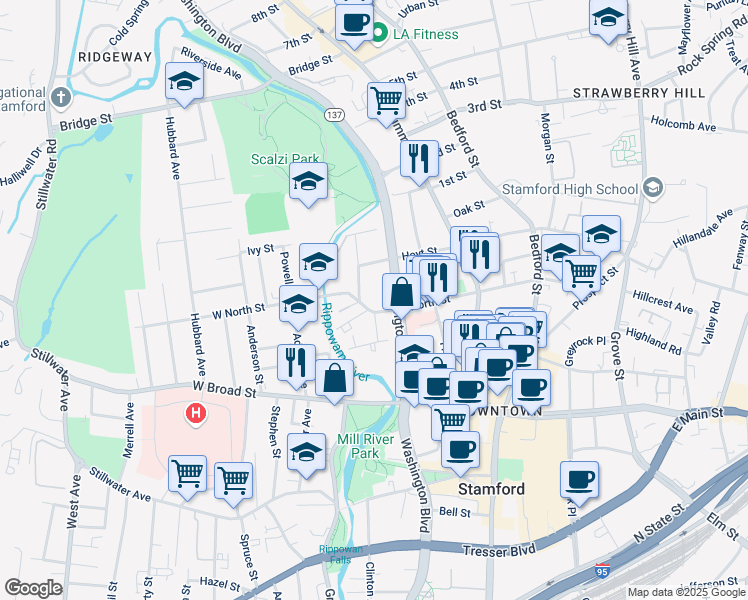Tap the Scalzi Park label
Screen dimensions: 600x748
tap(285, 158)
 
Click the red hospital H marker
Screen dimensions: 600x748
tap(197, 412)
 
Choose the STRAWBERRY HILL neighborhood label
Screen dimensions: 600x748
tap(640, 92)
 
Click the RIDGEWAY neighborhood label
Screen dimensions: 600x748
tap(116, 57)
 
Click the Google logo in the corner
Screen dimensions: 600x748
tap(33, 588)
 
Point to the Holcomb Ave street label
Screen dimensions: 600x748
tap(683, 127)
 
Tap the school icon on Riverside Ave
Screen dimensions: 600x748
tap(184, 83)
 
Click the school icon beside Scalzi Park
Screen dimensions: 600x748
tap(309, 182)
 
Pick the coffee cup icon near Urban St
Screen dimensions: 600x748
tap(353, 21)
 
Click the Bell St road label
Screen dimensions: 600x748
tap(455, 512)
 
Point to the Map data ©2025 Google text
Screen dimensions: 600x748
tap(685, 592)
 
